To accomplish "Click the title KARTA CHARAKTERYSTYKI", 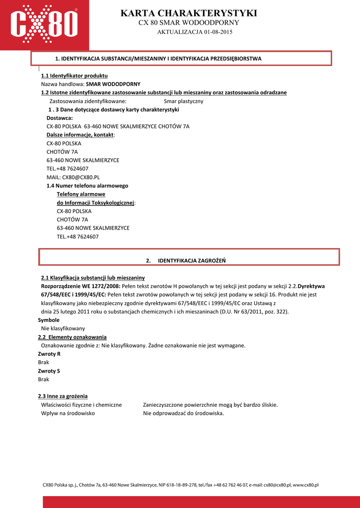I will tap(189, 13).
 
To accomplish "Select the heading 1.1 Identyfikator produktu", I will tap(74, 76).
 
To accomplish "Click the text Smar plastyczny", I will tap(183, 101).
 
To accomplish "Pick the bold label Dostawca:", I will tap(60, 118).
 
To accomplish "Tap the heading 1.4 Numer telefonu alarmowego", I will tap(87, 186).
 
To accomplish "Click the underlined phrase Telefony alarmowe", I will tap(81, 194).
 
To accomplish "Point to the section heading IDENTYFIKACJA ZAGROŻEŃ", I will tap(192, 260).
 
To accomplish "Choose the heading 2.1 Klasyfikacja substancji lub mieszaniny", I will tap(92, 278).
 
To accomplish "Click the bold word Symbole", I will tap(49, 320).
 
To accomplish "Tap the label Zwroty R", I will tap(49, 354).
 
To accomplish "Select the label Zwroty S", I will tap(49, 371).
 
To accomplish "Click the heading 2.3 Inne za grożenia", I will tap(63, 396).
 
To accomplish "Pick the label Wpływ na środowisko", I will tap(68, 413).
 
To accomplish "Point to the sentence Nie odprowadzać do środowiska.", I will tap(183, 413).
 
